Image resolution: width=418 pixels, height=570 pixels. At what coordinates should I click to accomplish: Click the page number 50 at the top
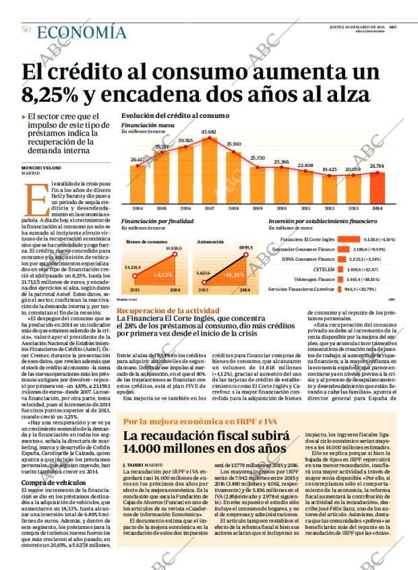point(26,30)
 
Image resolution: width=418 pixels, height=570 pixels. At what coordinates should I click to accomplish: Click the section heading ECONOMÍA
point(82,31)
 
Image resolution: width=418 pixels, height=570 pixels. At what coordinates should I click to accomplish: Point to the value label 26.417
point(137,159)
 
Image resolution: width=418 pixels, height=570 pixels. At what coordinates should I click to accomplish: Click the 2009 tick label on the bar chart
point(257,208)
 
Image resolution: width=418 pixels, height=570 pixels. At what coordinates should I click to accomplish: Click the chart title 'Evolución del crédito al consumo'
point(175,116)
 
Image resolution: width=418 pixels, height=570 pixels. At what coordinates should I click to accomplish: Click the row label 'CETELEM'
point(324,269)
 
